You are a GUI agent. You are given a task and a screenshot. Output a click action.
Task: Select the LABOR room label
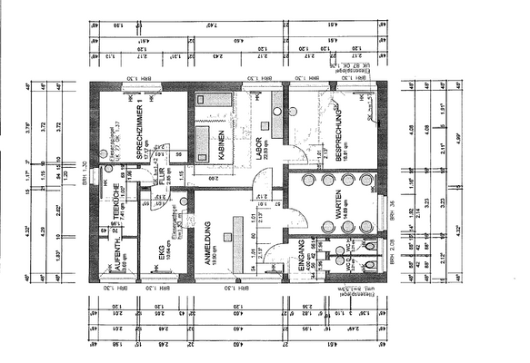coord(260,144)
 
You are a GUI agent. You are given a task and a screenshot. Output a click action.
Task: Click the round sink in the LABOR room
coord(277,112)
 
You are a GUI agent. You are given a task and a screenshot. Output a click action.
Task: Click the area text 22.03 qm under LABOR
coord(269,144)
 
